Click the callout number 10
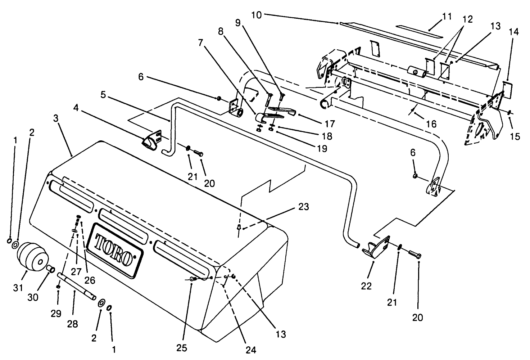[x=257, y=15]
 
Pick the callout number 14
[x=514, y=32]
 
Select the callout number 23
[x=303, y=207]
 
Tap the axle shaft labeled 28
[x=77, y=286]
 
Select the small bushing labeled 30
[x=51, y=269]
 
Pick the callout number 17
[x=330, y=124]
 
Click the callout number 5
[x=103, y=95]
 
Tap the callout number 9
[x=237, y=22]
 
